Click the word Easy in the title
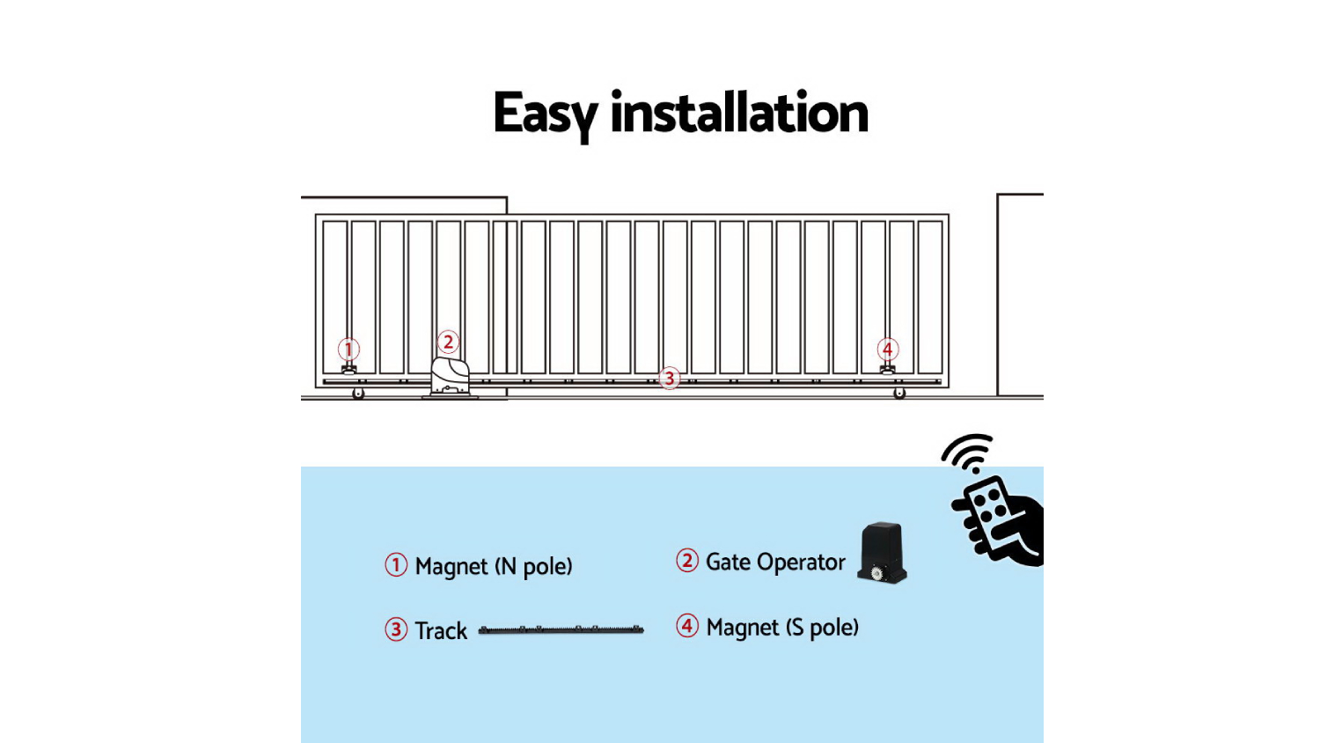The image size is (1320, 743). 545,114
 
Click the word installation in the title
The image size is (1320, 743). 739,114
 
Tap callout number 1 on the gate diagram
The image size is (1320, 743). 348,349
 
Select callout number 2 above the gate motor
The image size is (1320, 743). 449,342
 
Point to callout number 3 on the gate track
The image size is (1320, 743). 670,379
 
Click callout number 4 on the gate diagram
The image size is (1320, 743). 888,349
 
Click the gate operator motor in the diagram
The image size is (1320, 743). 450,378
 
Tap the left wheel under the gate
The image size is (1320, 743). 358,394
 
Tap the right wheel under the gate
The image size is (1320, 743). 899,393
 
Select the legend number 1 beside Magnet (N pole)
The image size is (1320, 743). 396,565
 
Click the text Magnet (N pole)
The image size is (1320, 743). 494,566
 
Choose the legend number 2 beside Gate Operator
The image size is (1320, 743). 687,561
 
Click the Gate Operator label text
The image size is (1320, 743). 775,563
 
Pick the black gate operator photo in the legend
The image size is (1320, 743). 883,553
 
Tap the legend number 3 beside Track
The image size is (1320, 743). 396,629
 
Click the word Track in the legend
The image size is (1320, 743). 441,631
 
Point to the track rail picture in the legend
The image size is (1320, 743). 561,629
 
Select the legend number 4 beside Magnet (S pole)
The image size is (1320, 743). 687,626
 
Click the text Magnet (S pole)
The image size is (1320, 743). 782,628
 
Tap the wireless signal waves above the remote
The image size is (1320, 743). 968,452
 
